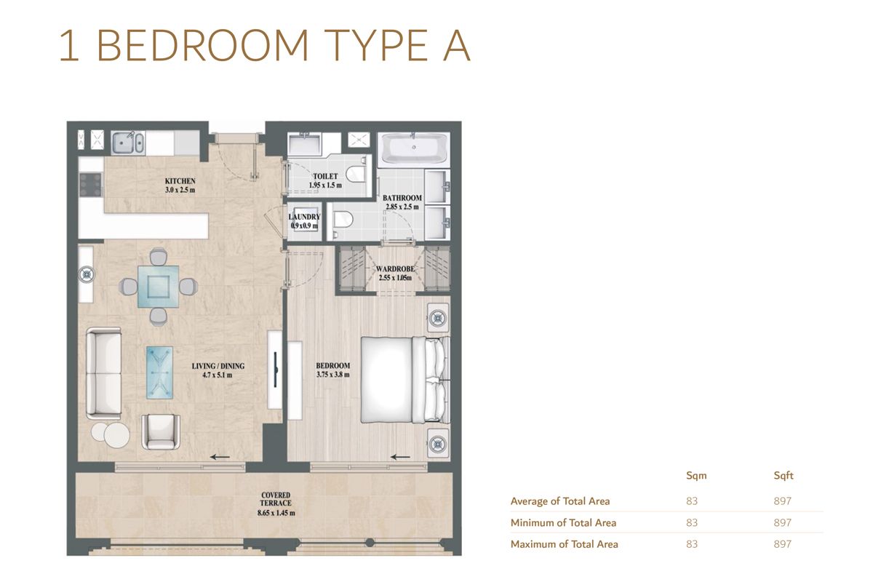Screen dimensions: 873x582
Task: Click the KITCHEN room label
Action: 180,186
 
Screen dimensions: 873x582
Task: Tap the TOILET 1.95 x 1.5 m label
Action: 324,180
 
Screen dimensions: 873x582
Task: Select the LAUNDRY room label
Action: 304,221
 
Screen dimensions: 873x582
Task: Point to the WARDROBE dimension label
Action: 394,273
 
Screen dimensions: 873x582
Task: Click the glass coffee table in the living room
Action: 159,372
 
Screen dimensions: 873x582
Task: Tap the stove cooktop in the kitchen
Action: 91,184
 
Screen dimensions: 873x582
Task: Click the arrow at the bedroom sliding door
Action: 399,457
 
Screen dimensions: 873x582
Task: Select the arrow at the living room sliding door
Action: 220,457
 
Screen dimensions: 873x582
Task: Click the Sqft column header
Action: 783,476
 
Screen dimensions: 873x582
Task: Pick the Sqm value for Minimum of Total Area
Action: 692,522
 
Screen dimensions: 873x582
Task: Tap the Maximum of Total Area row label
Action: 564,544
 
